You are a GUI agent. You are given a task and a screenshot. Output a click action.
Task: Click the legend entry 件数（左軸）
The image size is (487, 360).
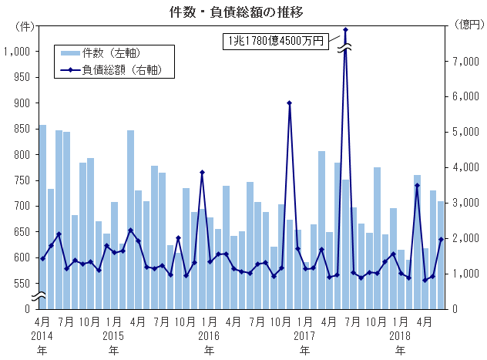tap(116, 52)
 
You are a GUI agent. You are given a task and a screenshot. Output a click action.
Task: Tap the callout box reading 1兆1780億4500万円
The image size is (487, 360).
tap(275, 41)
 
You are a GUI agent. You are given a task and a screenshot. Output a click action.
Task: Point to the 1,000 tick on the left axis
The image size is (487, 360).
tap(16, 52)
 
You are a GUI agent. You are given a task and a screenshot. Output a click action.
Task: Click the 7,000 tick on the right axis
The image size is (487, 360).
tap(465, 62)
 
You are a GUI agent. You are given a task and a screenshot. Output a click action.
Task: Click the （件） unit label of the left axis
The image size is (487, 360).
tap(25, 25)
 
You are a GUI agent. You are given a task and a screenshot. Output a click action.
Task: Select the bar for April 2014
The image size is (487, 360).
tap(43, 216)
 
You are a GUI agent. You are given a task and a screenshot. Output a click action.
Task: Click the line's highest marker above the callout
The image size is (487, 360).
tap(345, 30)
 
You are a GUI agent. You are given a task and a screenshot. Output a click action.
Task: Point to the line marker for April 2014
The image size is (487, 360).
tap(43, 258)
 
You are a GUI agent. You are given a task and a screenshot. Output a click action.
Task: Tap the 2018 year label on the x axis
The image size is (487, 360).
tap(400, 336)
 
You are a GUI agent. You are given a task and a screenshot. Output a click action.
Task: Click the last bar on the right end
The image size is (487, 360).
tap(441, 254)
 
